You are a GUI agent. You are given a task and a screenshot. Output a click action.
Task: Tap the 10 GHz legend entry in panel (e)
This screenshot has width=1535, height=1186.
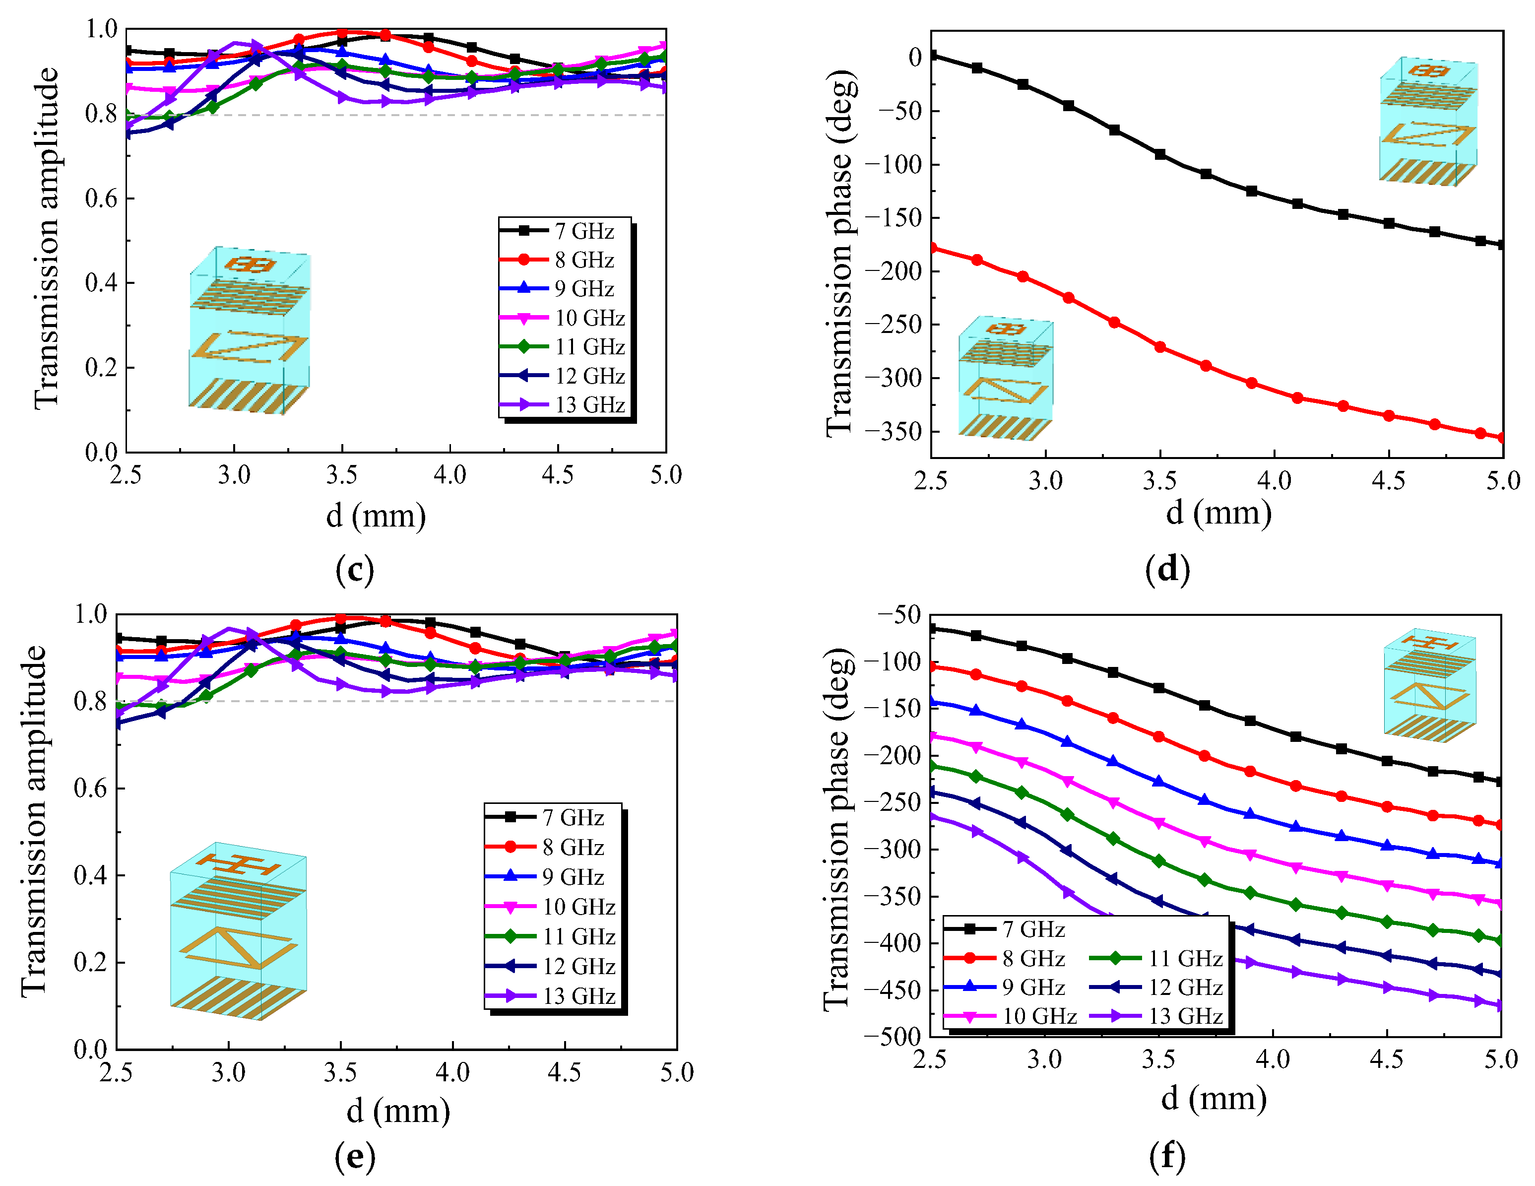[550, 907]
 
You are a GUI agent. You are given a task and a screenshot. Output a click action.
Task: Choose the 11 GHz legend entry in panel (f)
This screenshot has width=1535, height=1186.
[1156, 958]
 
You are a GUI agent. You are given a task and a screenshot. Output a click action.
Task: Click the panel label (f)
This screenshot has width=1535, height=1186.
[1167, 1156]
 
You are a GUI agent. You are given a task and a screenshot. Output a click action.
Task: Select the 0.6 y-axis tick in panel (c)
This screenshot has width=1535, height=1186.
[101, 198]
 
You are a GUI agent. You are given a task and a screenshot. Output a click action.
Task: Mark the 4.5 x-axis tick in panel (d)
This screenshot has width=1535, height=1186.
[1388, 481]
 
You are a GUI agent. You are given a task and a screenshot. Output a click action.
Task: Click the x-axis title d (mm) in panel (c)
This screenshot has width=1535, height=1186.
[376, 516]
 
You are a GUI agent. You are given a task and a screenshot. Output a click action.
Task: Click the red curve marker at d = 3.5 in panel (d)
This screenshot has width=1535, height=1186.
[1160, 346]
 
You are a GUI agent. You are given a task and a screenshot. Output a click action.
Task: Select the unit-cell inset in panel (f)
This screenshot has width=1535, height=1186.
[1430, 685]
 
